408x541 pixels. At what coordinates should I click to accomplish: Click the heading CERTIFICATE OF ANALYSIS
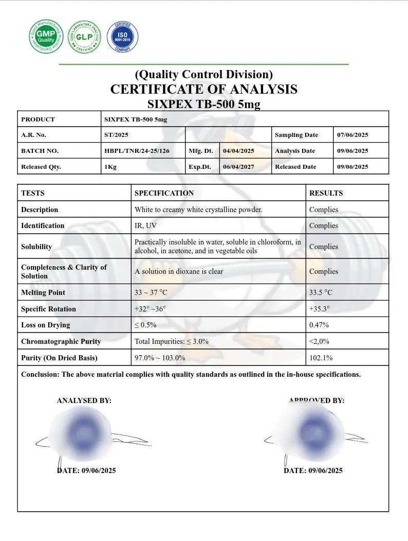pyautogui.click(x=203, y=89)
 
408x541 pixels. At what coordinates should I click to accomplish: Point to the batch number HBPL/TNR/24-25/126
pyautogui.click(x=137, y=151)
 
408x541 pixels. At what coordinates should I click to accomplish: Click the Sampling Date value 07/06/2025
pyautogui.click(x=353, y=135)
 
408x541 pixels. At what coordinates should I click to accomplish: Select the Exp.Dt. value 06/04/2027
pyautogui.click(x=238, y=167)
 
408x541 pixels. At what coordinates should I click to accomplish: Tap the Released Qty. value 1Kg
pyautogui.click(x=110, y=167)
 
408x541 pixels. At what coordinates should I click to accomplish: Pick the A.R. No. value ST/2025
pyautogui.click(x=116, y=135)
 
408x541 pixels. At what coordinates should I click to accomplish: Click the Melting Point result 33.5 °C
pyautogui.click(x=321, y=292)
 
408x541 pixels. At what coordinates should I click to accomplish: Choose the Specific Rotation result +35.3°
pyautogui.click(x=320, y=309)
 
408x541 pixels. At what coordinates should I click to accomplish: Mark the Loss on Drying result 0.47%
pyautogui.click(x=319, y=325)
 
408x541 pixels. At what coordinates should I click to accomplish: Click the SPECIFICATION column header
pyautogui.click(x=164, y=193)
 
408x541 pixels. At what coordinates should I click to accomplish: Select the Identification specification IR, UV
pyautogui.click(x=146, y=225)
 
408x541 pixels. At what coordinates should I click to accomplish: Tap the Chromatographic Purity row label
pyautogui.click(x=61, y=341)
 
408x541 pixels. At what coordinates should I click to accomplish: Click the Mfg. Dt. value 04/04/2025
pyautogui.click(x=238, y=151)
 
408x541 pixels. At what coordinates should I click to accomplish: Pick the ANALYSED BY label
pyautogui.click(x=84, y=400)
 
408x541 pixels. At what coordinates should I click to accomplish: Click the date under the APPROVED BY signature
pyautogui.click(x=313, y=470)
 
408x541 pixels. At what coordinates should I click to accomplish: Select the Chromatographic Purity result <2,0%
pyautogui.click(x=320, y=341)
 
